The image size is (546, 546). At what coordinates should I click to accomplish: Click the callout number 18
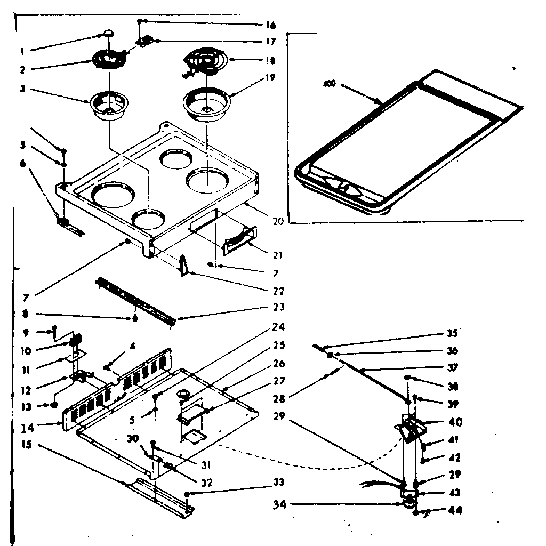(269, 60)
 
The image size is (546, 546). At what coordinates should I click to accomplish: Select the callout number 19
(269, 77)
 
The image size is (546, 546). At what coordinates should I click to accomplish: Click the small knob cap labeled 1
(108, 33)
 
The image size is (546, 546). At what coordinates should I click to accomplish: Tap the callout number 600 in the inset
(329, 84)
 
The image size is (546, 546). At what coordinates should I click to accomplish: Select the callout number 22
(277, 291)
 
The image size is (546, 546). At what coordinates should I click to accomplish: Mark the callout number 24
(278, 327)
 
